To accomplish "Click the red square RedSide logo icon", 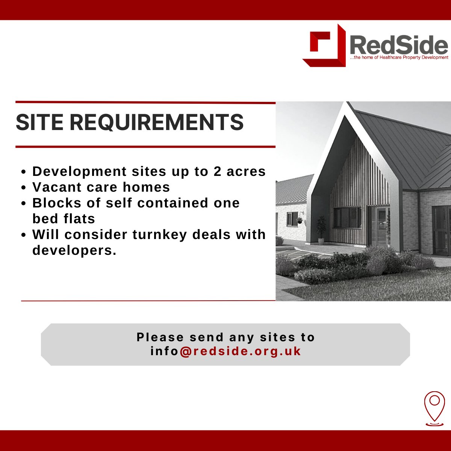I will [324, 45].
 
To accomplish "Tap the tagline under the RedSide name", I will [399, 58].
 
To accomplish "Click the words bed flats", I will [64, 219].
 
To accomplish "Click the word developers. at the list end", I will [74, 250].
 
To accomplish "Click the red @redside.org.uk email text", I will [241, 351].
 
